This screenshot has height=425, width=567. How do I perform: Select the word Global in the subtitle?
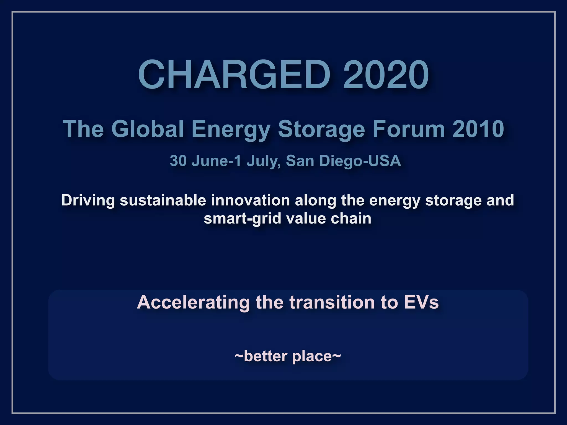coord(148,129)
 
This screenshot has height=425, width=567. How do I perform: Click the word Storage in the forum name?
coord(321,129)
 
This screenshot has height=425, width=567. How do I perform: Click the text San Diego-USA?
coord(343,161)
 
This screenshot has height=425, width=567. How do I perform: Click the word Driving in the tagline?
coord(88,200)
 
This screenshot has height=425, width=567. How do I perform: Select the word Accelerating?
coord(193,302)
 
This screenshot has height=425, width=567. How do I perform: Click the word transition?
coord(333,302)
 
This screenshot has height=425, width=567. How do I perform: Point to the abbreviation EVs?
coord(421,302)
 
